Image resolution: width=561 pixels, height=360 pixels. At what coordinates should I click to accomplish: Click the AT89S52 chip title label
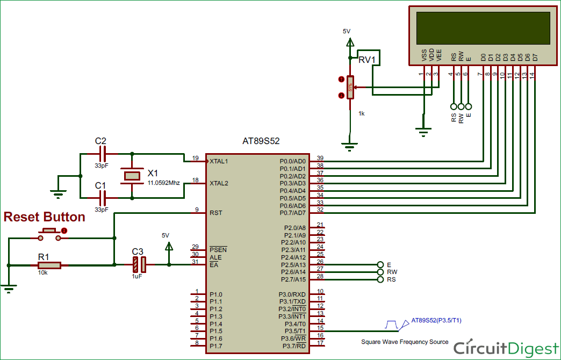[261, 141]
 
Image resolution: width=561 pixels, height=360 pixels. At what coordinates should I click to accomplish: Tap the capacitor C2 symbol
[101, 154]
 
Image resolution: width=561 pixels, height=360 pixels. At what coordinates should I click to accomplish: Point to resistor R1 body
[49, 265]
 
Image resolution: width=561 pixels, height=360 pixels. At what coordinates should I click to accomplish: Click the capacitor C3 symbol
[139, 264]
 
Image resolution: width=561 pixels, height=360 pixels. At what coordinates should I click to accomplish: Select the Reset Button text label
[45, 217]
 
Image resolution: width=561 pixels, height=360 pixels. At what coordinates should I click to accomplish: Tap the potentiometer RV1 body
[350, 87]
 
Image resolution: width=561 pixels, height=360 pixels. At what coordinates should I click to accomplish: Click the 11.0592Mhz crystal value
[163, 183]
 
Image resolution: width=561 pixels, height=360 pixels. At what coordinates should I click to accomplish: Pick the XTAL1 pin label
[219, 161]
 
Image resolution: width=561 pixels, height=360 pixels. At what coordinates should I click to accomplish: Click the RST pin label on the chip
[215, 213]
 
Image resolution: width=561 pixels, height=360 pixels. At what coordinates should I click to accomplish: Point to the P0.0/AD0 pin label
[293, 161]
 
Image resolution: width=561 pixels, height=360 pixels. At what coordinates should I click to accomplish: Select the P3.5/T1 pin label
[296, 331]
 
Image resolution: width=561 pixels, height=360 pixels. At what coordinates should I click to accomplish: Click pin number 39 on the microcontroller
[320, 157]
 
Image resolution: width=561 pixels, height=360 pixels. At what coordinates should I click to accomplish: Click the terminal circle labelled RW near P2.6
[382, 272]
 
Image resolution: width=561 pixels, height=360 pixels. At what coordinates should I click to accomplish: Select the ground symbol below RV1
[350, 144]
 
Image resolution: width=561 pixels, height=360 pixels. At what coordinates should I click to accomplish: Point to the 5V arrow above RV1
[347, 40]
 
